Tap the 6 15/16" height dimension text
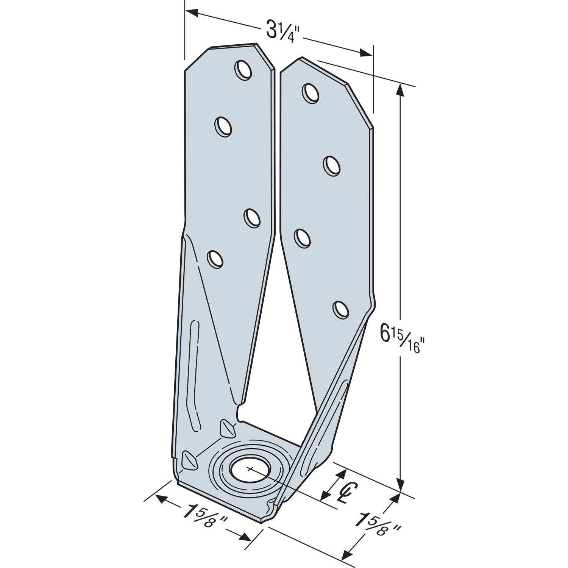pos(401,340)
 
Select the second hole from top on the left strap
pos(223,126)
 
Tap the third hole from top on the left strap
pos(252,218)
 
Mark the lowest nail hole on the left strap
pos(214,260)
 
